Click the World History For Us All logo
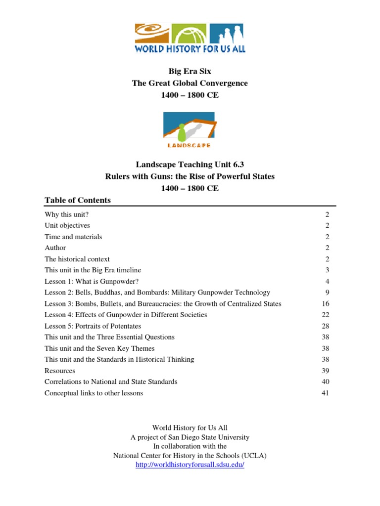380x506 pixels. pos(190,38)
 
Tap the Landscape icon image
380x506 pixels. pos(190,130)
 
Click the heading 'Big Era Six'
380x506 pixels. pos(190,72)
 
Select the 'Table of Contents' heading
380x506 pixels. pos(78,200)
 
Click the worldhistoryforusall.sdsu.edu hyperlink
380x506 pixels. pos(190,465)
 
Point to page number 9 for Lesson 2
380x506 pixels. pos(327,293)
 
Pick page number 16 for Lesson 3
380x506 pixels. pos(325,304)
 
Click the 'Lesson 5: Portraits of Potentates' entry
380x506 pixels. pos(93,326)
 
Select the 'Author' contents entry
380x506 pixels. pos(55,248)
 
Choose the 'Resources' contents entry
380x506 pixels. pos(60,371)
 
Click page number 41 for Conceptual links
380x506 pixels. pos(325,393)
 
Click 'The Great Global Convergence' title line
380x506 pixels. pos(190,84)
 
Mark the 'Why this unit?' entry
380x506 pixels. pos(66,214)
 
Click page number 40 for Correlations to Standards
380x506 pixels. pos(325,382)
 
